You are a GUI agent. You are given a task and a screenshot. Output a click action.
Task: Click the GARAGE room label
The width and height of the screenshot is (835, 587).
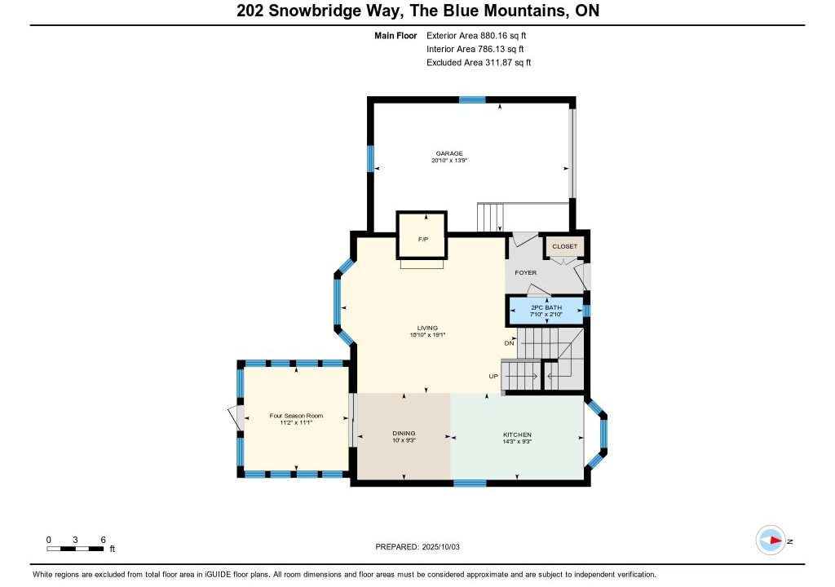pyautogui.click(x=449, y=153)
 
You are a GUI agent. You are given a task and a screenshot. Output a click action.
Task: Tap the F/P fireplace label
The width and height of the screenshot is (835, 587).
pyautogui.click(x=423, y=240)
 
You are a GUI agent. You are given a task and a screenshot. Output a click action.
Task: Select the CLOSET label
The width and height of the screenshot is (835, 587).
pyautogui.click(x=564, y=247)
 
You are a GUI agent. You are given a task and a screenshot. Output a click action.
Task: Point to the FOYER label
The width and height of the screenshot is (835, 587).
pyautogui.click(x=526, y=273)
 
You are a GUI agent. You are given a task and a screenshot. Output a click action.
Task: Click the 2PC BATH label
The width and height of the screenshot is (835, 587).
pyautogui.click(x=546, y=308)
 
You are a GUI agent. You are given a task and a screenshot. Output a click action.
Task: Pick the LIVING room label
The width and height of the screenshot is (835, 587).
pyautogui.click(x=427, y=328)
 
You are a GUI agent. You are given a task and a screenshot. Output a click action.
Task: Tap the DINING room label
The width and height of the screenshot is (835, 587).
pyautogui.click(x=404, y=434)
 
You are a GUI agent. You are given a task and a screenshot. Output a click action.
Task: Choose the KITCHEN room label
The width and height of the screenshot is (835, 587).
pyautogui.click(x=518, y=435)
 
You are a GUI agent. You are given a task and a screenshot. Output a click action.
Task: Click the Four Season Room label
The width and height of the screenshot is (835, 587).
pyautogui.click(x=296, y=416)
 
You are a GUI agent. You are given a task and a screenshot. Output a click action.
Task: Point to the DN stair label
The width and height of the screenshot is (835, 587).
pyautogui.click(x=509, y=343)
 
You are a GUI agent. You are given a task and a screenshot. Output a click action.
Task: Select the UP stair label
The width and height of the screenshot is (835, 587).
pyautogui.click(x=493, y=377)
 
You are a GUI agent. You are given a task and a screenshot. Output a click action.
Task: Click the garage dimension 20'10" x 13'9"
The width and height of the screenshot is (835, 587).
pyautogui.click(x=449, y=161)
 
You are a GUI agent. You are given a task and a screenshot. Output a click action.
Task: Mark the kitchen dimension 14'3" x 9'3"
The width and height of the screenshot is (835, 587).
pyautogui.click(x=518, y=442)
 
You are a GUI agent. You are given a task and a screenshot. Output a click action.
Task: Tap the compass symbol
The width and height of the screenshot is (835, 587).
pyautogui.click(x=771, y=541)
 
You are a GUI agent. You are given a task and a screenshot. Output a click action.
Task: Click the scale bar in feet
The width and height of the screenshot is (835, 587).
pyautogui.click(x=75, y=549)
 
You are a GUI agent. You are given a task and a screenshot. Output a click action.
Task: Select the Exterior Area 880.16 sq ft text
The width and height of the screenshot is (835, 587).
pyautogui.click(x=476, y=36)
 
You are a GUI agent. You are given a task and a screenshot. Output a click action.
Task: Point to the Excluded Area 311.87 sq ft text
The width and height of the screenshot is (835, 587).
pyautogui.click(x=479, y=62)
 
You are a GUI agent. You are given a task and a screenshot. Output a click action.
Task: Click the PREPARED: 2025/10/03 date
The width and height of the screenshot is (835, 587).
pyautogui.click(x=417, y=547)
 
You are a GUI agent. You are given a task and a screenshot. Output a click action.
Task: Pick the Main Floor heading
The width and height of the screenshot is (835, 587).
pyautogui.click(x=395, y=36)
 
